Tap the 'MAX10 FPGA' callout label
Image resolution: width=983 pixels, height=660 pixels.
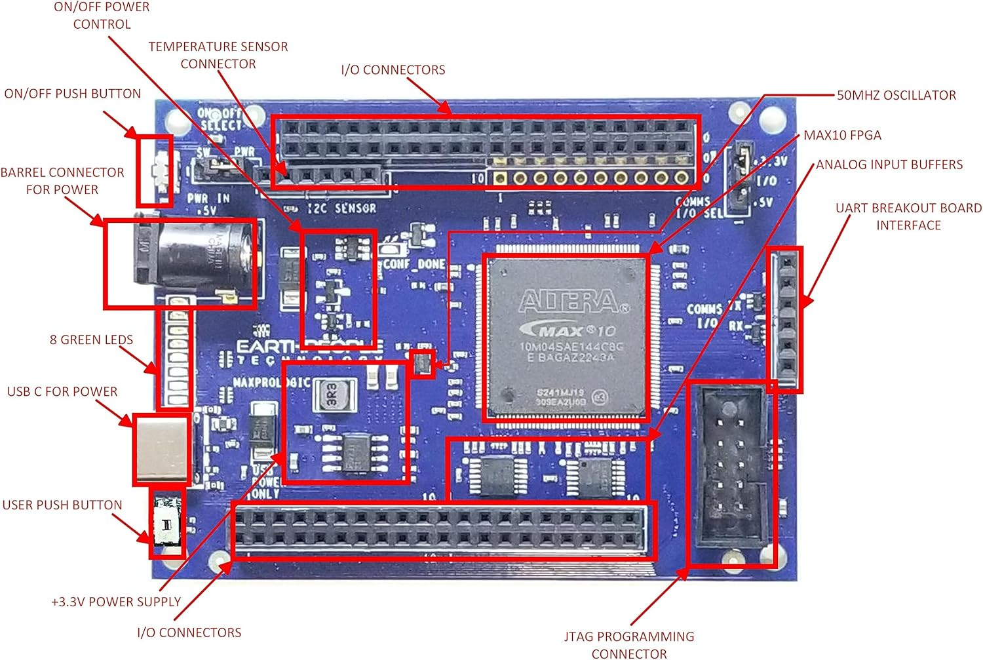click(x=842, y=136)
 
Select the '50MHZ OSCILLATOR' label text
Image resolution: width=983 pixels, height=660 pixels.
click(x=896, y=96)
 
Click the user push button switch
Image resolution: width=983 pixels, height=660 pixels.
click(x=166, y=524)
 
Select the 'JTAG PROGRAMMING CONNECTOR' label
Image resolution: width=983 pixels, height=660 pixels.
click(x=629, y=645)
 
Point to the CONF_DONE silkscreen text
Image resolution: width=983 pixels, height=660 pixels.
click(x=414, y=264)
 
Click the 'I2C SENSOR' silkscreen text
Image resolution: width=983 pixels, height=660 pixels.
click(x=342, y=208)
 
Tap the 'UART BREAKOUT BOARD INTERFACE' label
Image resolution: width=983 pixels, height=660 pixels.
click(x=908, y=217)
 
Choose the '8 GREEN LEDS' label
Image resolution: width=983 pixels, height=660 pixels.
click(x=91, y=340)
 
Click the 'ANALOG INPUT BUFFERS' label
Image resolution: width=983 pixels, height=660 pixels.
click(x=889, y=165)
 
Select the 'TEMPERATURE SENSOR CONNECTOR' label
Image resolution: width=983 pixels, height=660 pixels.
click(x=218, y=55)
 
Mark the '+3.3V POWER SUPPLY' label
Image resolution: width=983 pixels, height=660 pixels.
click(x=116, y=602)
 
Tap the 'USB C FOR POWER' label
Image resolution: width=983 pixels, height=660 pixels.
click(x=62, y=392)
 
